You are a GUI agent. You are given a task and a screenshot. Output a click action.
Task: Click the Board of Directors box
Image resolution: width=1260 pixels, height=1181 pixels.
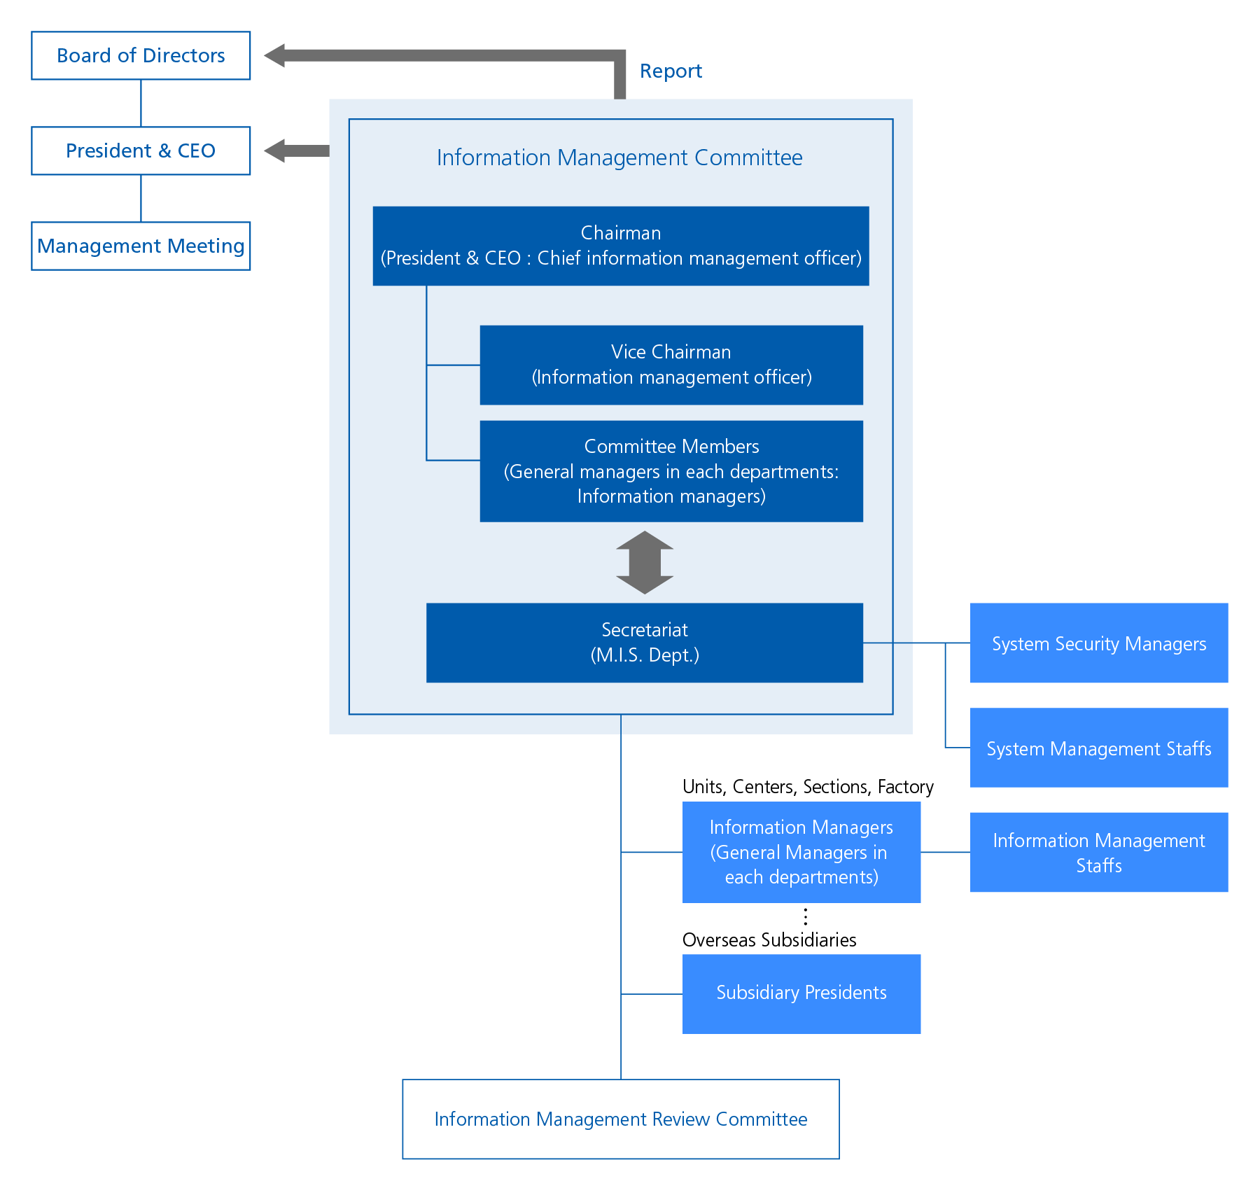pyautogui.click(x=141, y=55)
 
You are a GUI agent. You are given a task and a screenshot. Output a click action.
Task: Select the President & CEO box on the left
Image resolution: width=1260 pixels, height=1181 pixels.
pyautogui.click(x=141, y=151)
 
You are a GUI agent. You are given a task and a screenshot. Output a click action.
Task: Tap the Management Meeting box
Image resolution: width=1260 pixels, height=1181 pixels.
pyautogui.click(x=141, y=246)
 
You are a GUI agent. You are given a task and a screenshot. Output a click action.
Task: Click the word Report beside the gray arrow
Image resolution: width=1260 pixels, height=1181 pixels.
pyautogui.click(x=671, y=71)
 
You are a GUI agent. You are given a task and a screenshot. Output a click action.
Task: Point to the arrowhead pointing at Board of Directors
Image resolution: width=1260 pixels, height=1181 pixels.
pyautogui.click(x=274, y=55)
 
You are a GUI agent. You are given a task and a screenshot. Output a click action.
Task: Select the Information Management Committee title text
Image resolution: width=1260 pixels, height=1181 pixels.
pyautogui.click(x=619, y=158)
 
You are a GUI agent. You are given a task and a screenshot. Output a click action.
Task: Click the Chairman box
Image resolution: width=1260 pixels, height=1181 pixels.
pyautogui.click(x=621, y=246)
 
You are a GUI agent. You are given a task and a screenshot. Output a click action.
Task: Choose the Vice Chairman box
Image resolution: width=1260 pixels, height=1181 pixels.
pyautogui.click(x=671, y=365)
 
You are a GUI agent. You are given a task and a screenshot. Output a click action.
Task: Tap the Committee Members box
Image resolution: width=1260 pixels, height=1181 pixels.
pyautogui.click(x=671, y=471)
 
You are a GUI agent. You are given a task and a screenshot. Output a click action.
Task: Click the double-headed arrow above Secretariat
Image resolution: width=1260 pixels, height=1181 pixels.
pyautogui.click(x=645, y=562)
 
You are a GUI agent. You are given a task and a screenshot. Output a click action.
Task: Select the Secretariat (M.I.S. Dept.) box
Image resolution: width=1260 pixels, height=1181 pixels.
pyautogui.click(x=645, y=643)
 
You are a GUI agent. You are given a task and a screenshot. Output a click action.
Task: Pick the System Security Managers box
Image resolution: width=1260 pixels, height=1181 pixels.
pyautogui.click(x=1099, y=643)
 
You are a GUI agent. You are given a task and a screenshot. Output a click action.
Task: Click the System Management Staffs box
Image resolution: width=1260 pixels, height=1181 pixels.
pyautogui.click(x=1099, y=748)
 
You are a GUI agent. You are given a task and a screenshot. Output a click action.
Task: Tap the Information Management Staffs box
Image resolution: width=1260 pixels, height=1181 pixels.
pyautogui.click(x=1099, y=852)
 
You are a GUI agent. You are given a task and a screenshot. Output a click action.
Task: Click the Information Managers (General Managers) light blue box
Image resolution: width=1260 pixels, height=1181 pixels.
pyautogui.click(x=801, y=852)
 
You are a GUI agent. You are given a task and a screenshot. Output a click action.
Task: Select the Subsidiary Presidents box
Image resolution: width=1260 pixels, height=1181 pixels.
pyautogui.click(x=801, y=993)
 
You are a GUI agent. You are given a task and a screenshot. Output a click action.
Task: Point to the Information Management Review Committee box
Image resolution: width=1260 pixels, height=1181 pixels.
pyautogui.click(x=621, y=1119)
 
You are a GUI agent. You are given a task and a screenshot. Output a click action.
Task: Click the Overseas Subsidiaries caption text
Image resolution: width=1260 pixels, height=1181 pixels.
pyautogui.click(x=769, y=939)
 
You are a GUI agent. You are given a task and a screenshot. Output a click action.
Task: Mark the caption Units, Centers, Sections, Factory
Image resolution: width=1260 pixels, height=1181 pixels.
pyautogui.click(x=808, y=787)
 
